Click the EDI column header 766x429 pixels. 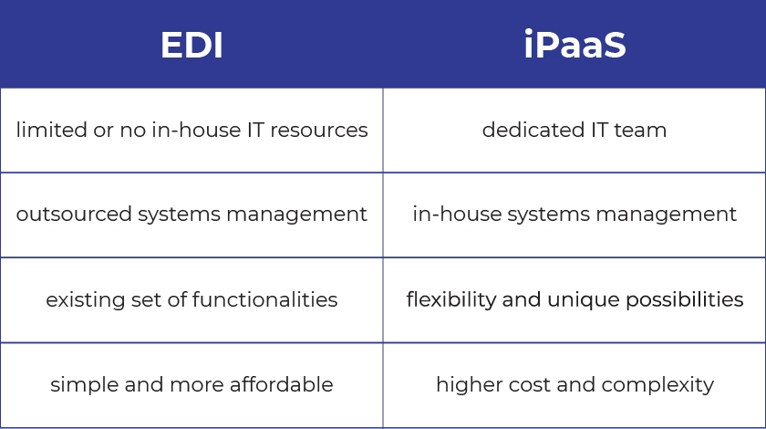tap(191, 45)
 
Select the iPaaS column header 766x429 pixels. tap(574, 45)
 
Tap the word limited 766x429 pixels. tap(52, 130)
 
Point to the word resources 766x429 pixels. tap(319, 131)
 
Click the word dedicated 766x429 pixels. tap(533, 130)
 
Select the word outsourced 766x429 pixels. tap(74, 214)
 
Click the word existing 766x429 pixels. tap(86, 299)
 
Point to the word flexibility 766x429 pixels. tap(450, 298)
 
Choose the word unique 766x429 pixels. tap(584, 299)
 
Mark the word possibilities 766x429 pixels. tap(685, 299)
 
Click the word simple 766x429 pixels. tap(84, 384)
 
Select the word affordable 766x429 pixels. tap(282, 384)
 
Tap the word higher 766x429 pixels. tap(469, 384)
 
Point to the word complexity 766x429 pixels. tap(657, 384)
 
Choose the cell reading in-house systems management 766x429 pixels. tap(574, 214)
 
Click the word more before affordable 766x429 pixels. tap(197, 385)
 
